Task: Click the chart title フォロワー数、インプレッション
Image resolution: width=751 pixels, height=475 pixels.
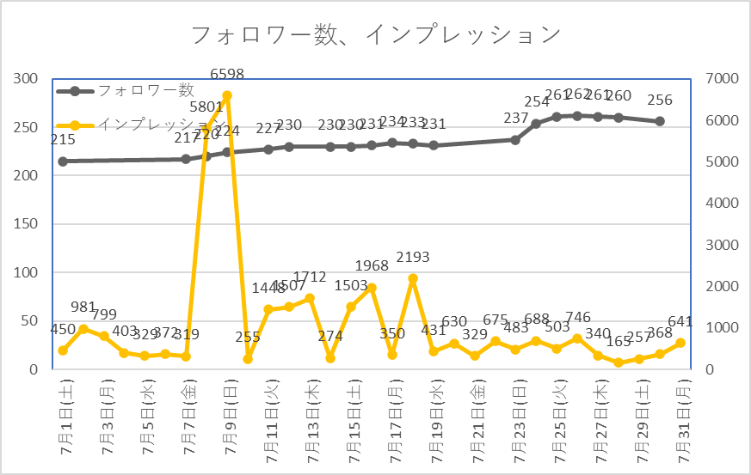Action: [375, 35]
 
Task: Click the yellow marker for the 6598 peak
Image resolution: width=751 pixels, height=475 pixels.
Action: [227, 95]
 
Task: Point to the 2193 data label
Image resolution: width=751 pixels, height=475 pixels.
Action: [413, 258]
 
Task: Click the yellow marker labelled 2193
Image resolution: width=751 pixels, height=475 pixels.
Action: [413, 278]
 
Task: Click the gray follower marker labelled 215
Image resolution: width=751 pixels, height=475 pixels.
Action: [63, 161]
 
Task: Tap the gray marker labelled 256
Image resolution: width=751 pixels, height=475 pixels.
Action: [660, 121]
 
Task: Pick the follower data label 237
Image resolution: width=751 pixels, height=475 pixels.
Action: [515, 119]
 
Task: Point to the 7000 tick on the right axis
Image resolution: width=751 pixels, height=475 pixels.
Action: [722, 79]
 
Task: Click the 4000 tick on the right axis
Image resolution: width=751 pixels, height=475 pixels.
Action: [722, 204]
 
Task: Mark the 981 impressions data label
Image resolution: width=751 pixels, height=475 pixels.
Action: [83, 308]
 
